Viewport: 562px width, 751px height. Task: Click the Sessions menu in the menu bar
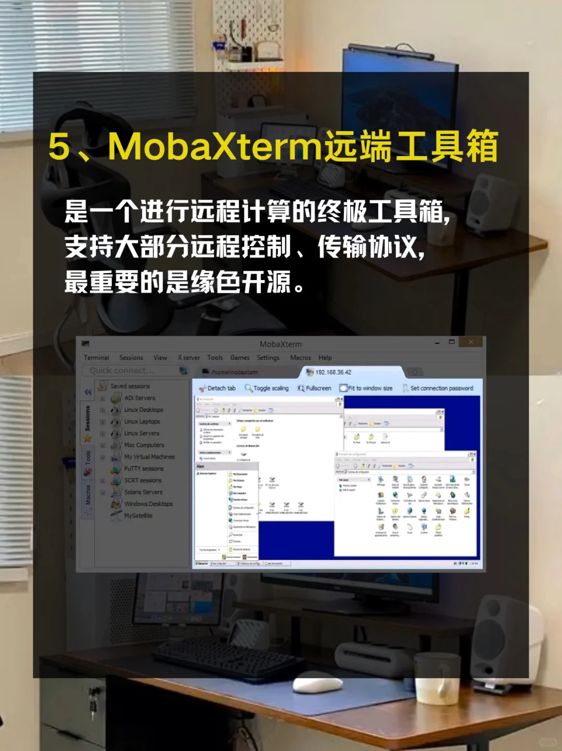131,358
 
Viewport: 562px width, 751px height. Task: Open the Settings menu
268,358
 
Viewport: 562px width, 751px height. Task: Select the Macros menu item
300,358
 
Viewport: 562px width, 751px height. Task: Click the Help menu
325,358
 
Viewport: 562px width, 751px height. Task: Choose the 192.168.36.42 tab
333,372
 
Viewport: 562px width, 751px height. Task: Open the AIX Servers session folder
139,398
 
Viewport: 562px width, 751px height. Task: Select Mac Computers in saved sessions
144,445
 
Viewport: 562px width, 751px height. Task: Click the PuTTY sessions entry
144,468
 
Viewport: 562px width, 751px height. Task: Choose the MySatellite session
138,515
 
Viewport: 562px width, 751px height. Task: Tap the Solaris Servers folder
143,492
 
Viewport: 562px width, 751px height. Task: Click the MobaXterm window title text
280,344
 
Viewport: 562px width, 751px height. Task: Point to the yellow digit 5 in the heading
59,146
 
